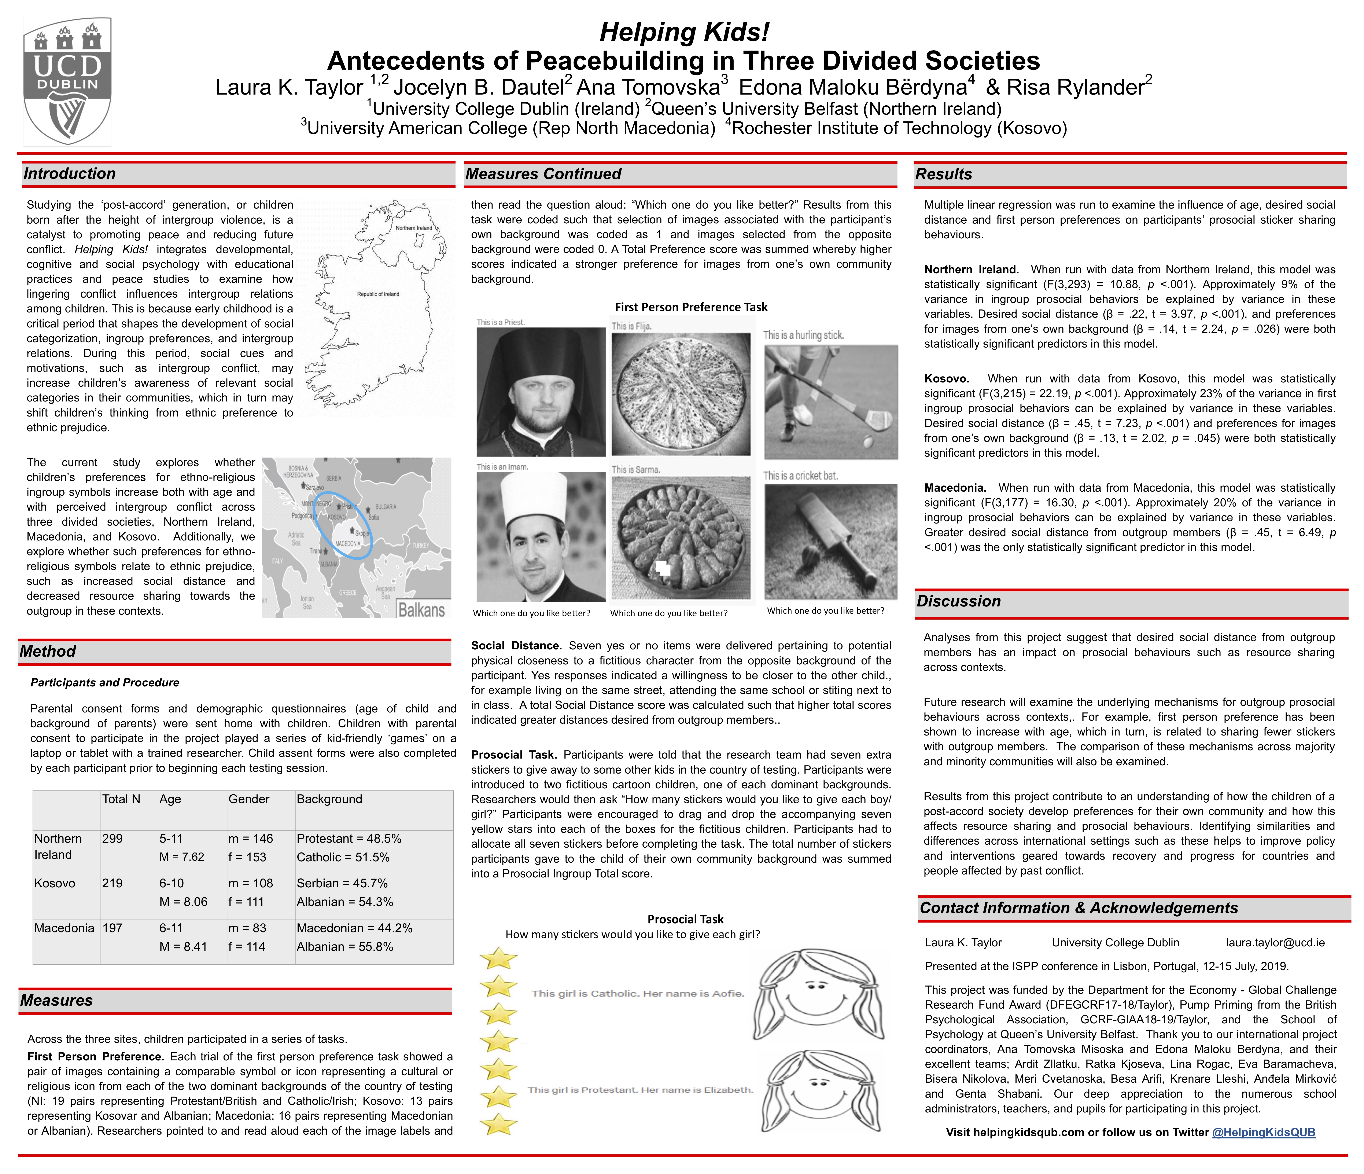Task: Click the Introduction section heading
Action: (x=70, y=174)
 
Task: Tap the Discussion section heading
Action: (x=958, y=601)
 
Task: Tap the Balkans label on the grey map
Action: (x=421, y=610)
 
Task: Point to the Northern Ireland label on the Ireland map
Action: (x=413, y=228)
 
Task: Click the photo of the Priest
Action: (x=541, y=392)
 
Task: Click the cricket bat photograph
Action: (x=831, y=541)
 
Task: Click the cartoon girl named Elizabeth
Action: (x=816, y=1093)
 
